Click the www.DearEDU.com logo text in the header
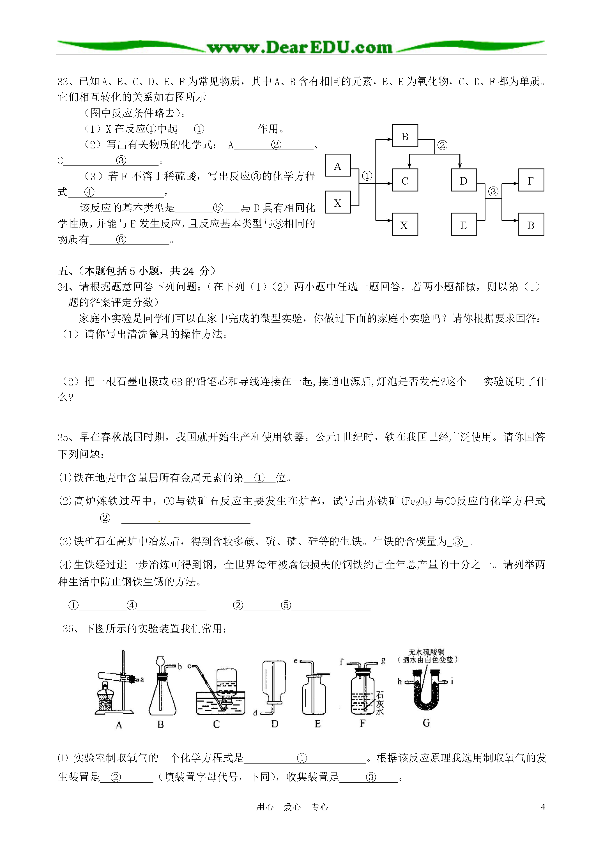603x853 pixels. (x=300, y=47)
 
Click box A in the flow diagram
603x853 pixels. (x=337, y=165)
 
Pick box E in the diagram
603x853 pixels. (x=463, y=224)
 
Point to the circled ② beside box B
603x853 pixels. (x=442, y=145)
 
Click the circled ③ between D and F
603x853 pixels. (x=493, y=191)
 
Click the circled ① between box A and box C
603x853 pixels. (x=367, y=176)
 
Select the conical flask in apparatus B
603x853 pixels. (x=162, y=698)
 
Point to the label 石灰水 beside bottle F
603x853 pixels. (x=379, y=703)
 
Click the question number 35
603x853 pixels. (x=63, y=437)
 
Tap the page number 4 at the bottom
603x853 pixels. (x=543, y=806)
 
